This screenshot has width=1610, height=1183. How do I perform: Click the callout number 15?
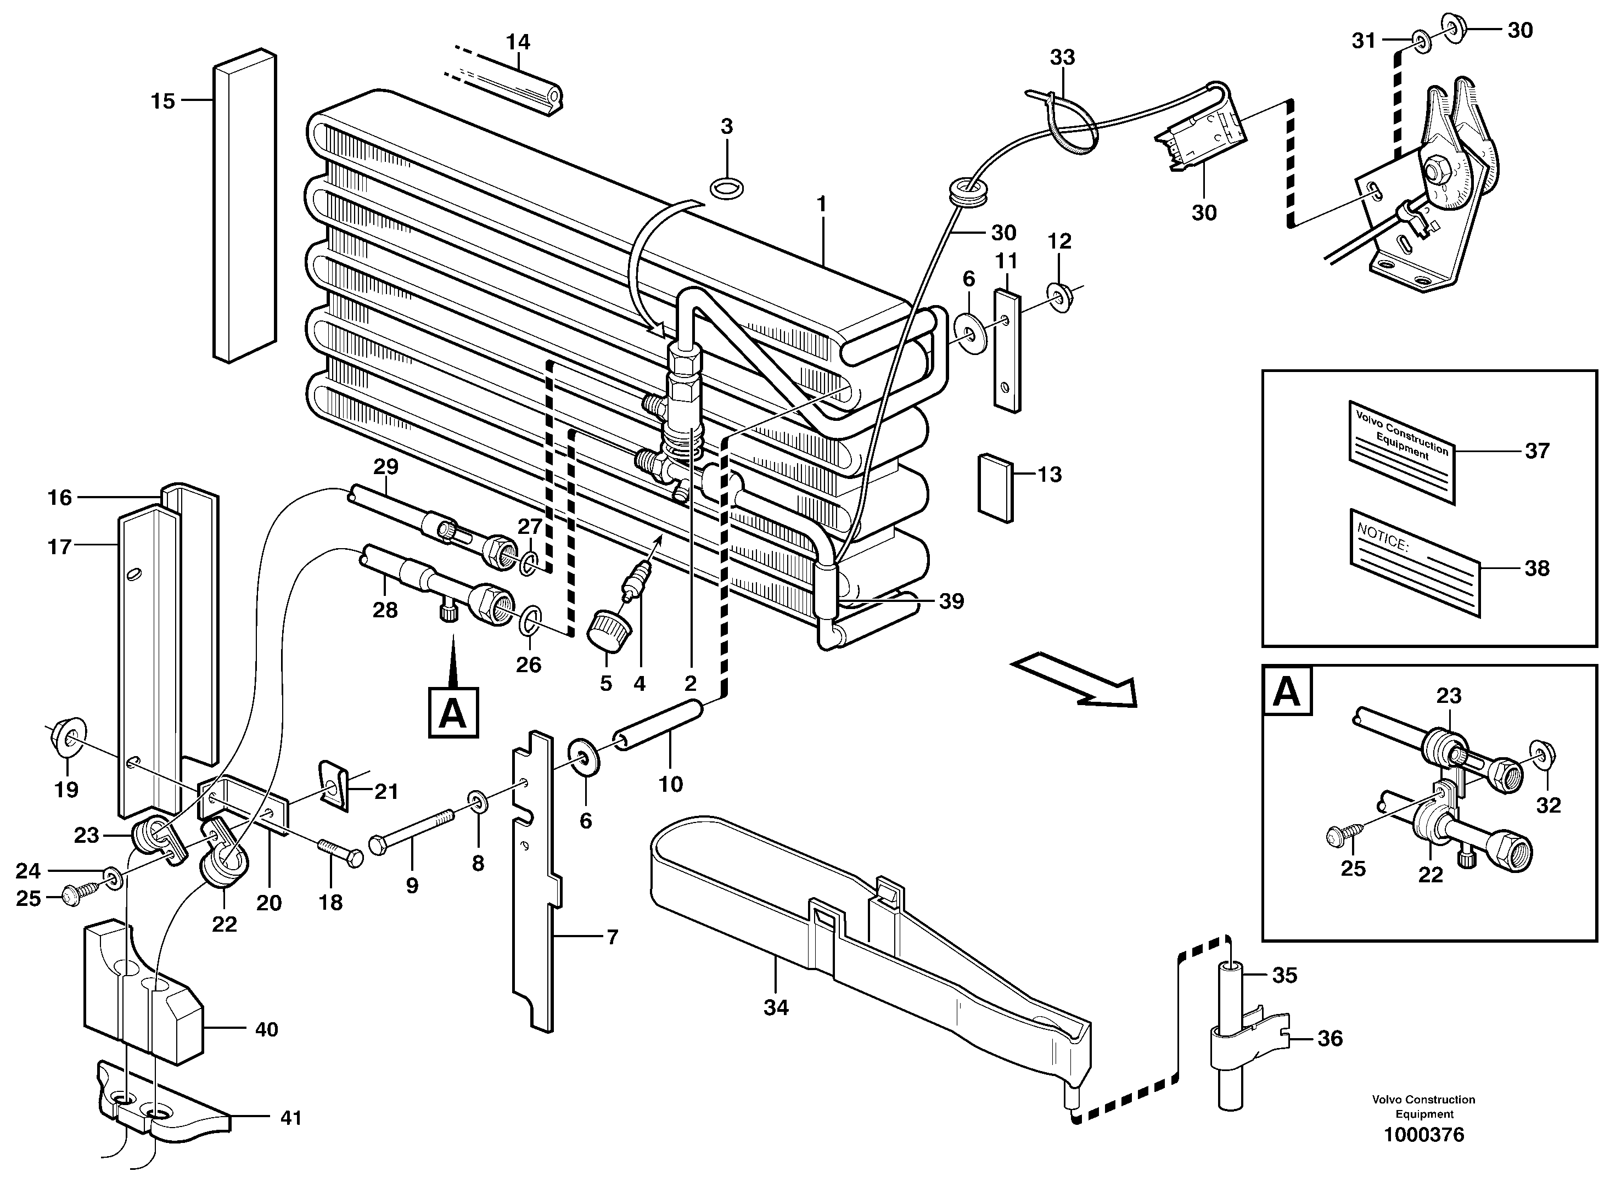tap(162, 101)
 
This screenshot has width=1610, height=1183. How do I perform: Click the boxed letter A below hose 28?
tap(453, 713)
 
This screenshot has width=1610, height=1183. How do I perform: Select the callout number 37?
tap(1537, 451)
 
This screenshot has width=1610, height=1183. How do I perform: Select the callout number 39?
tap(951, 601)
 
